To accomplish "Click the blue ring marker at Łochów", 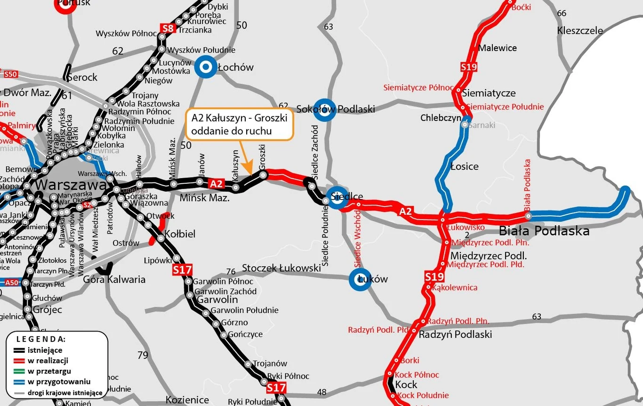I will (x=205, y=67).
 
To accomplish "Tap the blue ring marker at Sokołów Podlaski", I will (x=324, y=110).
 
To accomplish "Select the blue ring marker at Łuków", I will (x=361, y=279).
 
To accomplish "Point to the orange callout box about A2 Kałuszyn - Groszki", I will (x=240, y=125).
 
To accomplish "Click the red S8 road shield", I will (x=168, y=28).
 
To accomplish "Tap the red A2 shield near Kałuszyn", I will (x=217, y=183).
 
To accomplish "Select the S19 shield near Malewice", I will (x=469, y=67).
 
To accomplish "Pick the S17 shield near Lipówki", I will (x=182, y=270).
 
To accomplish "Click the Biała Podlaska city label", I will (x=544, y=231).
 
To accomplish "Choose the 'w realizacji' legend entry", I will (x=48, y=360).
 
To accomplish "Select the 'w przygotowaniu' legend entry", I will (x=59, y=382).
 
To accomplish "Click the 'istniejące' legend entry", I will (x=45, y=350).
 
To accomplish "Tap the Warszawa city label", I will (x=71, y=185).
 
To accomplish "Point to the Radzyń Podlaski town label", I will (x=455, y=334).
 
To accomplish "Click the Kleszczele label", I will (x=579, y=31).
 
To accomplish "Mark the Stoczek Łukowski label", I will (x=281, y=268).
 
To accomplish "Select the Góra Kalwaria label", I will (x=114, y=279).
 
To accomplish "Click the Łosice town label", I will (x=464, y=166).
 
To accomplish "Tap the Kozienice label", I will (x=187, y=400).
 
